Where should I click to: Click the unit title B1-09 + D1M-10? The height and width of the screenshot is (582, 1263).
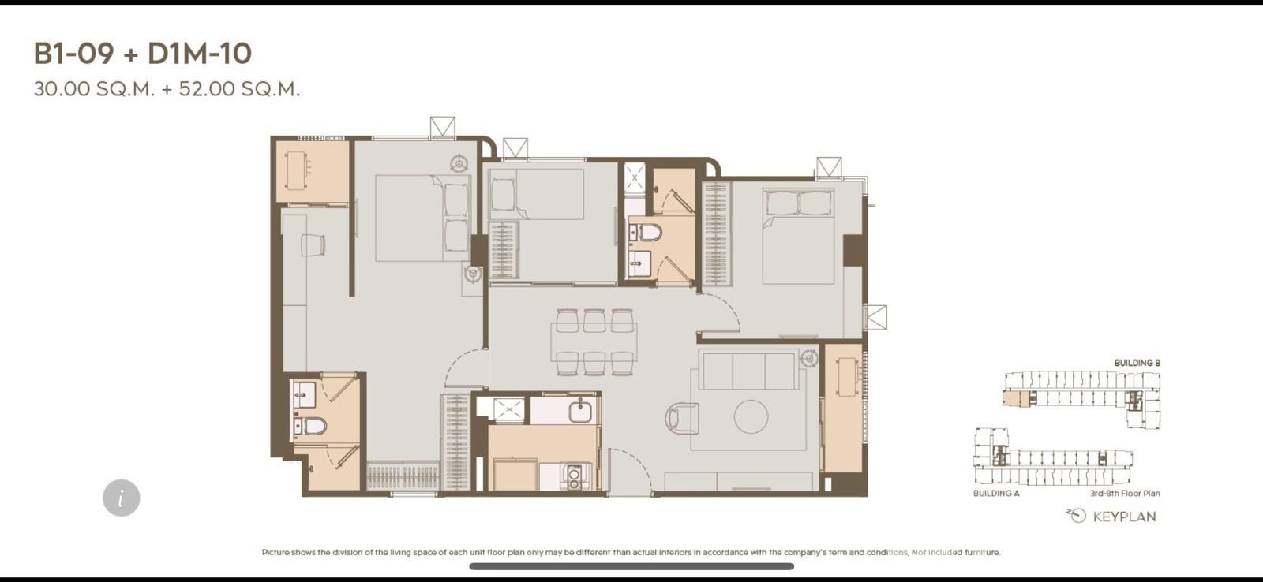[x=143, y=54]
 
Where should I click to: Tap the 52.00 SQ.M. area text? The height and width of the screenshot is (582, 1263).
[x=240, y=89]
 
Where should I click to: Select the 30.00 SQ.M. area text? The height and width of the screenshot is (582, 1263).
[x=94, y=89]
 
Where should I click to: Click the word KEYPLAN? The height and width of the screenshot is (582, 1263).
[x=1124, y=517]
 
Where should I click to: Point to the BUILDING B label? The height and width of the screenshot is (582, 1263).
[x=1137, y=363]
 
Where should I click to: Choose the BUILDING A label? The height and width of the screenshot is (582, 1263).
[x=996, y=494]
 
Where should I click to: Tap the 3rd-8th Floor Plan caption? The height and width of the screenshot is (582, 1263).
[x=1125, y=494]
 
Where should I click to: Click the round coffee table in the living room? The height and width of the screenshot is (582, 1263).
[x=751, y=417]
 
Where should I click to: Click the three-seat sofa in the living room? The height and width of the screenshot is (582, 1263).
[x=749, y=370]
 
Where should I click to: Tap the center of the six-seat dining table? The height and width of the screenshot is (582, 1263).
[x=594, y=342]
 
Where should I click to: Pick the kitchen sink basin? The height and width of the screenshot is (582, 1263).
[x=580, y=412]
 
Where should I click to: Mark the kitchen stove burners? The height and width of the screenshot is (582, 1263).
[x=574, y=476]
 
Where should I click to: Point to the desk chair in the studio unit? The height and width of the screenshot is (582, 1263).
[x=313, y=245]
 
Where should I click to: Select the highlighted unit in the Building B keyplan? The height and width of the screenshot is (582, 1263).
[x=1016, y=399]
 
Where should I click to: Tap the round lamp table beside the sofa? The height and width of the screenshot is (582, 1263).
[x=810, y=358]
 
